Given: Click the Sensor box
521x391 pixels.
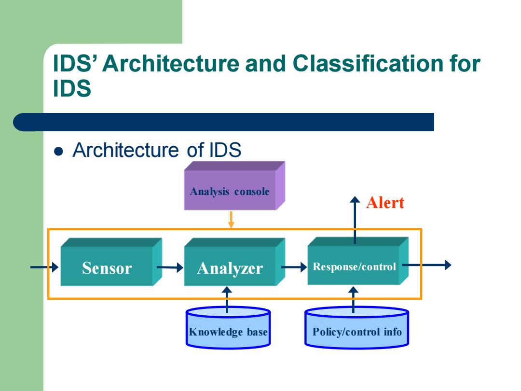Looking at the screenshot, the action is coord(111,262).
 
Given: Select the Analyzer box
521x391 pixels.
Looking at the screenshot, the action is coord(234,262).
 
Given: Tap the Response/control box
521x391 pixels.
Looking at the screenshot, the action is coord(358,261).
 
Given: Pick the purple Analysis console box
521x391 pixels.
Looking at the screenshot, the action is coord(234,185).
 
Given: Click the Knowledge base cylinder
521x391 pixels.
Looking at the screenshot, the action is coord(228,328).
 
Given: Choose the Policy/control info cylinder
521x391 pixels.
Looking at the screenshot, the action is coord(357,328).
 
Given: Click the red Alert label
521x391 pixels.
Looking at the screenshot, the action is coord(385,202).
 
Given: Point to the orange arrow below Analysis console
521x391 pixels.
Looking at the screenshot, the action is coord(231,220).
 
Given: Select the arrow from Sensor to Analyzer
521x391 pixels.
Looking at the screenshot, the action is coord(170,267).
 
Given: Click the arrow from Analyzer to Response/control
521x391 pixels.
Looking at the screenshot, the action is coord(294,267).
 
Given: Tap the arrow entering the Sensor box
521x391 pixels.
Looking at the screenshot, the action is coord(44,267).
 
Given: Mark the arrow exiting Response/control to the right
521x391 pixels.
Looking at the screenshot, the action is coord(427,265).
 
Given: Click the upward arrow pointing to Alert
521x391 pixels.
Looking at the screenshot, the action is coord(355,220).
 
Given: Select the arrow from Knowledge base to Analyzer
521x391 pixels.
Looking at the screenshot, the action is coord(227,300).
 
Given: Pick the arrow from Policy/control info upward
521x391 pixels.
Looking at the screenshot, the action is coord(353,300).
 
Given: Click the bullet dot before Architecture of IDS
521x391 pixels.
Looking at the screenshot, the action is coord(58,151).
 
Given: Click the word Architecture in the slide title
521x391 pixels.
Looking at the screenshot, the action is coord(171,63).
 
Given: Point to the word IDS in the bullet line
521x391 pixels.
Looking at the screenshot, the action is coord(225,150).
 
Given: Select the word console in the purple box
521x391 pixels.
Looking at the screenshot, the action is coord(252,192).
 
